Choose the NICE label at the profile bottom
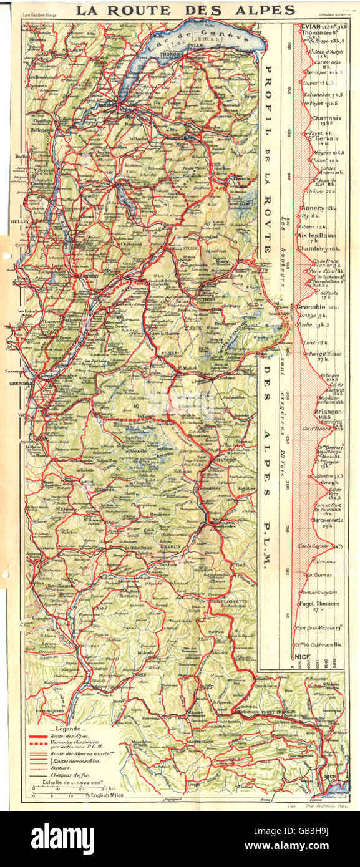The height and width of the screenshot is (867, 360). pyautogui.click(x=304, y=656)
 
